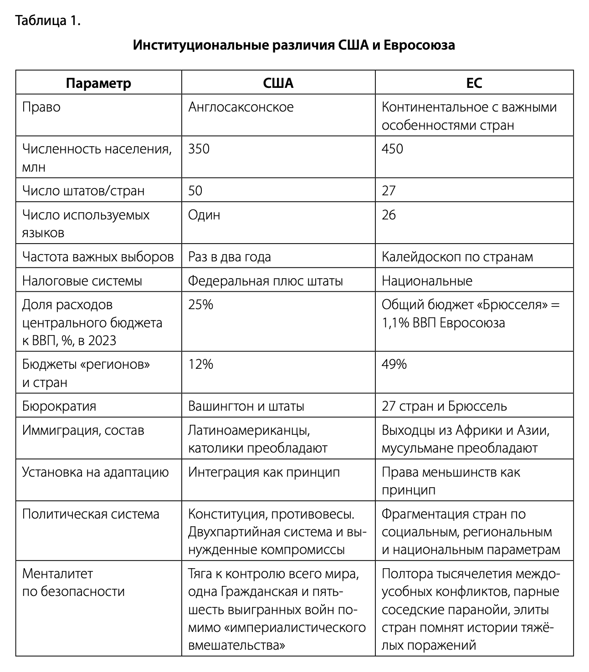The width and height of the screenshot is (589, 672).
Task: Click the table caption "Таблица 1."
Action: coord(48,21)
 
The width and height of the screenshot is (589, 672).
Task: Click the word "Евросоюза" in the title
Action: coord(419,46)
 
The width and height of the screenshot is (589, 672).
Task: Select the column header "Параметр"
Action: coord(98,83)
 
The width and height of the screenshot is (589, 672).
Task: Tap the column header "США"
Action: coord(278,83)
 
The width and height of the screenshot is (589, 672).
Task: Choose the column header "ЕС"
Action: coord(474,83)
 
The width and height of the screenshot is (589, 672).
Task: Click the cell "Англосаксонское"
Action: coord(241,107)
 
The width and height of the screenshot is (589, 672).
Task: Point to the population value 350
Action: coord(199,149)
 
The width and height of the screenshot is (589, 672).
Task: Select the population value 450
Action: coord(392,149)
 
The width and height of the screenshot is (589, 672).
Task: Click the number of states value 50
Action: coord(195,191)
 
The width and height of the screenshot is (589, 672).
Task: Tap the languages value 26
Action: coord(389,215)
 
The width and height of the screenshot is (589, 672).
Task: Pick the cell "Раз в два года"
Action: coord(230,257)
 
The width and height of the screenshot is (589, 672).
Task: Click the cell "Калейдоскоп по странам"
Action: coord(457,257)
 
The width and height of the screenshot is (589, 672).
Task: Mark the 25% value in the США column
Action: coord(200,305)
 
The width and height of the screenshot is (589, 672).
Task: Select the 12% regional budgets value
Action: coord(200,364)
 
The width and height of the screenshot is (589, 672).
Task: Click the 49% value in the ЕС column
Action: coord(394,364)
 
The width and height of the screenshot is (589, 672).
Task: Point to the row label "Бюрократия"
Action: coord(59,406)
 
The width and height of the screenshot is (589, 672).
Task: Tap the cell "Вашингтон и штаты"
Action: coord(246,406)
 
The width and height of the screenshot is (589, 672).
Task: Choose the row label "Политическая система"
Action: coord(91,514)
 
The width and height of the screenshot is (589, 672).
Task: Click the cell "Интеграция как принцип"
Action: coord(264,472)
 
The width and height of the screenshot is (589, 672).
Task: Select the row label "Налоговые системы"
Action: coord(82,281)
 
